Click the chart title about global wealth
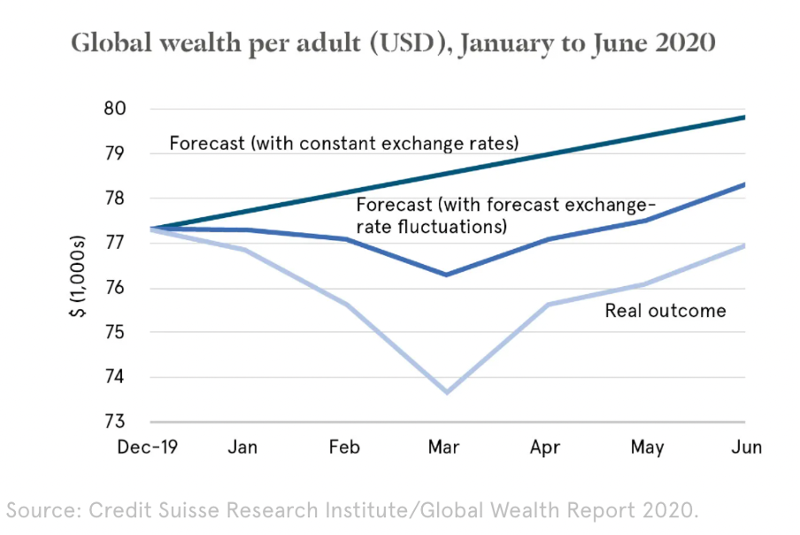point(393,43)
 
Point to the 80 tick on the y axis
point(128,110)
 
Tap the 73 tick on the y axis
point(128,423)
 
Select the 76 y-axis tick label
point(128,289)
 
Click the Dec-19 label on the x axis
point(148,447)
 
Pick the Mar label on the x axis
point(443,447)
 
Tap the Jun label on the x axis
point(746,447)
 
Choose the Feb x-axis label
point(343,447)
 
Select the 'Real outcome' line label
point(665,310)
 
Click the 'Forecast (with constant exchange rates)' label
point(343,143)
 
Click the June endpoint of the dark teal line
point(743,117)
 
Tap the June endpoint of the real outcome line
point(743,245)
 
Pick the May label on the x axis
point(647,447)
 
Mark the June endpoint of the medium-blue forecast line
point(743,184)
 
